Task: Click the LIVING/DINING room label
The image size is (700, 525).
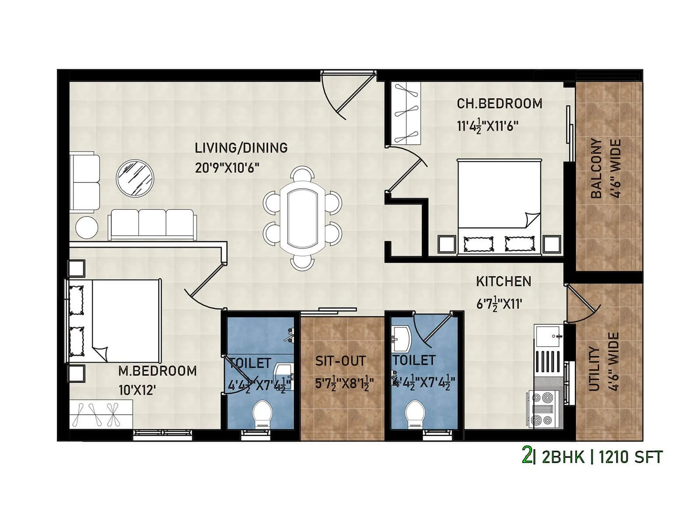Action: tap(241, 148)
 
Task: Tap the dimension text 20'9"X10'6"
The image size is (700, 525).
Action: tap(227, 168)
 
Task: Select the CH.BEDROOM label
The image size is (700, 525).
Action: tap(499, 104)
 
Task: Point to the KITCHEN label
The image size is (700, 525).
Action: tap(504, 281)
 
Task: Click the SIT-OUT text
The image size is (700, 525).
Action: tap(340, 361)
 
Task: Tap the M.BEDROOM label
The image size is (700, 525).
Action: tap(157, 371)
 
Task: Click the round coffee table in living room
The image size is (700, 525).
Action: tap(135, 178)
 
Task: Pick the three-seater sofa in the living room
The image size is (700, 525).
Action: tap(152, 224)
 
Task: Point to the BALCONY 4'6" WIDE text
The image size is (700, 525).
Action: tap(605, 168)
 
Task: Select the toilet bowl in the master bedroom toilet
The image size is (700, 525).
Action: tap(262, 413)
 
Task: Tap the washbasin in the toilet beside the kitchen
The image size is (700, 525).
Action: tap(401, 339)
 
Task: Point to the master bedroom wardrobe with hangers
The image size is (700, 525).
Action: tap(101, 414)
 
